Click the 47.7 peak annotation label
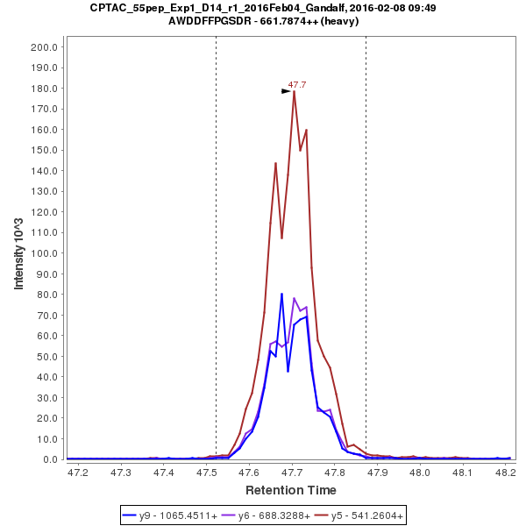[x=297, y=85]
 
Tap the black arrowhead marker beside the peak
[x=286, y=91]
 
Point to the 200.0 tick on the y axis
[x=44, y=47]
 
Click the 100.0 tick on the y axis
[x=44, y=253]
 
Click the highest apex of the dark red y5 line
[x=295, y=92]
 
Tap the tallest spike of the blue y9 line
[x=281, y=294]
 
